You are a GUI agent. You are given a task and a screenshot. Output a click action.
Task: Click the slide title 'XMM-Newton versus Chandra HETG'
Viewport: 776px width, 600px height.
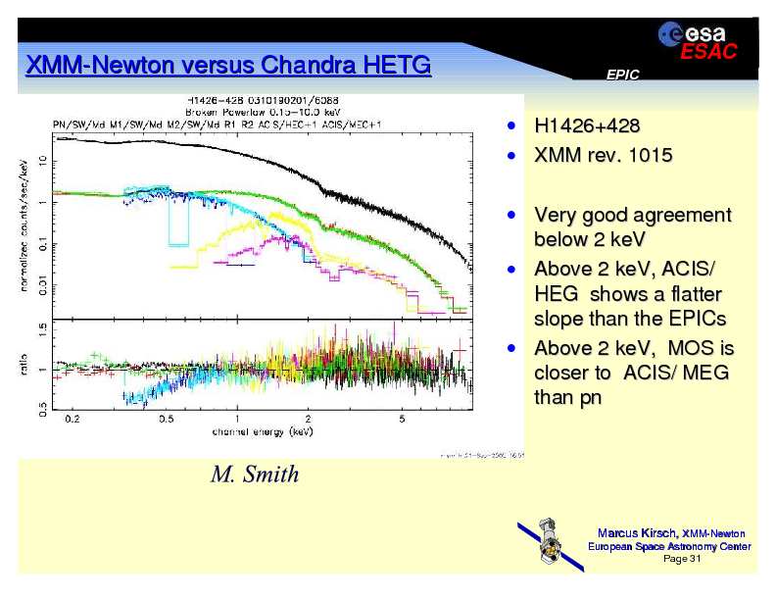227,66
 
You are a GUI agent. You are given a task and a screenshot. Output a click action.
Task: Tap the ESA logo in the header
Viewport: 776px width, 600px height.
691,33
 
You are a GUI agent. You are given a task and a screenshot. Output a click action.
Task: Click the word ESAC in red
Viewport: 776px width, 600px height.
708,53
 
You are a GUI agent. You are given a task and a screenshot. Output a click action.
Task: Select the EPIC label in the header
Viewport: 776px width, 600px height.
622,75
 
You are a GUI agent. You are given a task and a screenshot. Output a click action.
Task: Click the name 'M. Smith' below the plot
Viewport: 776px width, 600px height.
255,475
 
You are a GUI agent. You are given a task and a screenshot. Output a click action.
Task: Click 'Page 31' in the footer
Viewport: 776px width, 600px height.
682,559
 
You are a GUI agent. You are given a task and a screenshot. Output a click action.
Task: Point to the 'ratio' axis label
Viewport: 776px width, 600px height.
24,368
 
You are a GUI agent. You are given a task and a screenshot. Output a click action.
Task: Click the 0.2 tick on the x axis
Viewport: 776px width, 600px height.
73,420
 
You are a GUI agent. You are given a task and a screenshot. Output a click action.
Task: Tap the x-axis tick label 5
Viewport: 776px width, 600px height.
402,420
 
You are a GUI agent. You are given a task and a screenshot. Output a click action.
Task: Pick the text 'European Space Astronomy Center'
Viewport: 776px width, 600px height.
668,546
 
